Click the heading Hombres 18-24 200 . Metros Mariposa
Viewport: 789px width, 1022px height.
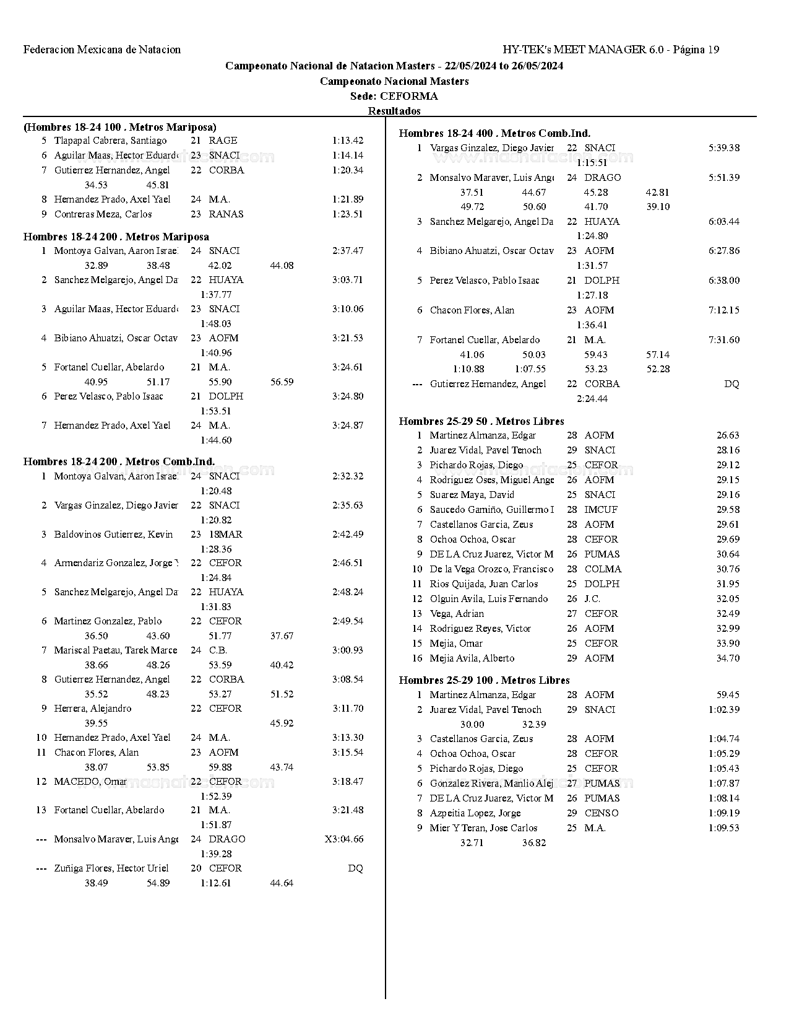click(116, 237)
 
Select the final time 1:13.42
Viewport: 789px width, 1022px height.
click(347, 141)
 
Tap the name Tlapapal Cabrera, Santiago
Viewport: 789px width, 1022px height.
click(110, 141)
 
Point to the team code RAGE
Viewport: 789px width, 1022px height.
click(223, 141)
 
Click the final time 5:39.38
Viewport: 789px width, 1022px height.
click(723, 148)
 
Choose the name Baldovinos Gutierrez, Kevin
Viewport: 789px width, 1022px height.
click(113, 535)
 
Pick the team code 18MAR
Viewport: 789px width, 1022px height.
click(225, 535)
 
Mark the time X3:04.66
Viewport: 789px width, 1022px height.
click(343, 839)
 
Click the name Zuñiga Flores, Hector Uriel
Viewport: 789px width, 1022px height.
click(111, 868)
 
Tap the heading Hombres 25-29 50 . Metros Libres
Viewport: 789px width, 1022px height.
click(481, 421)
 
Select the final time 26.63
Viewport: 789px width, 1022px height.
click(728, 435)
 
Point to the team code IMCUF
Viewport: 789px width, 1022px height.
click(601, 510)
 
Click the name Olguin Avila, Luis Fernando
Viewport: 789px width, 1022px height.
click(489, 599)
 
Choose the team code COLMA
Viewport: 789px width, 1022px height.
click(603, 569)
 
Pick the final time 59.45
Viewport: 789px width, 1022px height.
click(728, 695)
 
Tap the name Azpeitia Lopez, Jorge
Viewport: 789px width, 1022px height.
click(475, 813)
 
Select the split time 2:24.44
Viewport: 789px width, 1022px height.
click(592, 399)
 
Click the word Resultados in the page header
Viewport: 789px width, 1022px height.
click(394, 111)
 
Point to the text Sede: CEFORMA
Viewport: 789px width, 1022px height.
click(394, 96)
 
